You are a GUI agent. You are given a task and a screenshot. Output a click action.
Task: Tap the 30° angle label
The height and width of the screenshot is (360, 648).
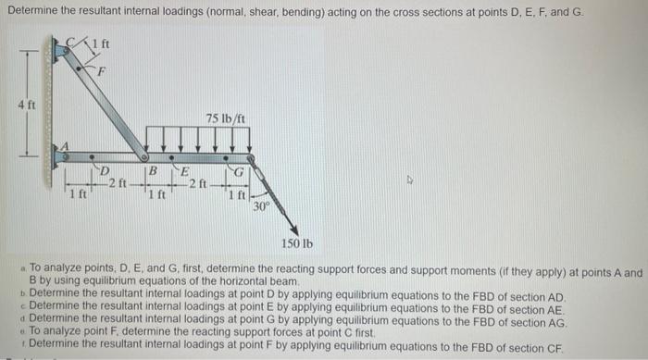click(x=262, y=205)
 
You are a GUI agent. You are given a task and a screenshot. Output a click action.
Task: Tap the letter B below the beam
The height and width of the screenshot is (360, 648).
click(x=154, y=172)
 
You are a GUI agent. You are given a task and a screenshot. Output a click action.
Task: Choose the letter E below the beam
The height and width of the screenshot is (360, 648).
click(x=184, y=172)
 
